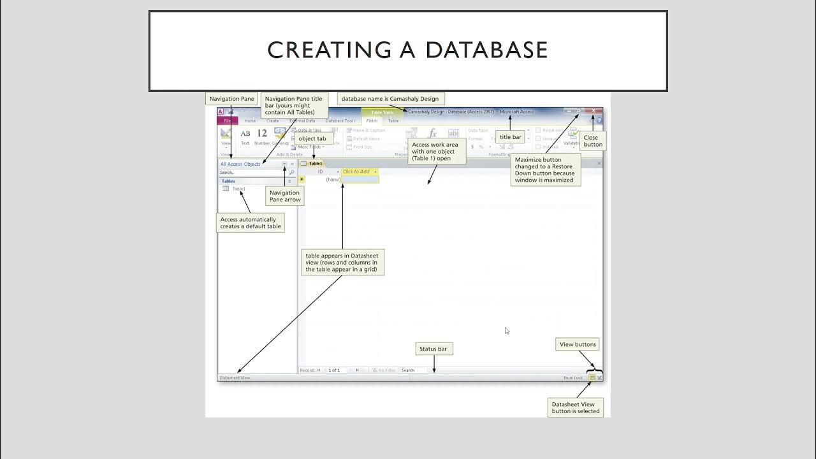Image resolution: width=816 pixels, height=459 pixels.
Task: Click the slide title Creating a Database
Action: [x=407, y=50]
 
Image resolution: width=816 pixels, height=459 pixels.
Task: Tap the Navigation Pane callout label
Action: [x=231, y=99]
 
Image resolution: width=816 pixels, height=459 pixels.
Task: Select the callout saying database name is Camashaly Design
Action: [x=389, y=99]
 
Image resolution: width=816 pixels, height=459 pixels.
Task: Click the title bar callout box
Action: [x=510, y=137]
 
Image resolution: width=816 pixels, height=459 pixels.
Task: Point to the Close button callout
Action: [x=593, y=141]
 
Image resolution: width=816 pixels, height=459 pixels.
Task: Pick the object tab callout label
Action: [x=312, y=138]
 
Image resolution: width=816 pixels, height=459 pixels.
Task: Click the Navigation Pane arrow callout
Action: [x=284, y=196]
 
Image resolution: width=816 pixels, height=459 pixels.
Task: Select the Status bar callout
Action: [x=433, y=349]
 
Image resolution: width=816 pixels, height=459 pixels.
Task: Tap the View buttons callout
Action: [x=578, y=344]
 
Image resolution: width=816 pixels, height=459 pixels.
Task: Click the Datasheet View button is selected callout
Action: [x=576, y=407]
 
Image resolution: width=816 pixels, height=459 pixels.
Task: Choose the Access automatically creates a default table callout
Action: [x=251, y=223]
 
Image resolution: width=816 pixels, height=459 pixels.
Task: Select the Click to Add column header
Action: [x=359, y=171]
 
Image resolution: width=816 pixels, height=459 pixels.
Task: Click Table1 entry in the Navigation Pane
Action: [x=238, y=189]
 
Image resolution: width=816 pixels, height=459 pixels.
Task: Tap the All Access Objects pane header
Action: [x=240, y=164]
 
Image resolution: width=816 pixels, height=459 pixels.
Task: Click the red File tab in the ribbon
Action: [x=227, y=120]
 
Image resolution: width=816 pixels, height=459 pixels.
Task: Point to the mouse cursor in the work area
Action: [x=507, y=330]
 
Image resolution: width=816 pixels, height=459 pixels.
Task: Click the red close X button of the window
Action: [x=594, y=111]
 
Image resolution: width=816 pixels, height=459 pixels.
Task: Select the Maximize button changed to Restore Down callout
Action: [x=544, y=169]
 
